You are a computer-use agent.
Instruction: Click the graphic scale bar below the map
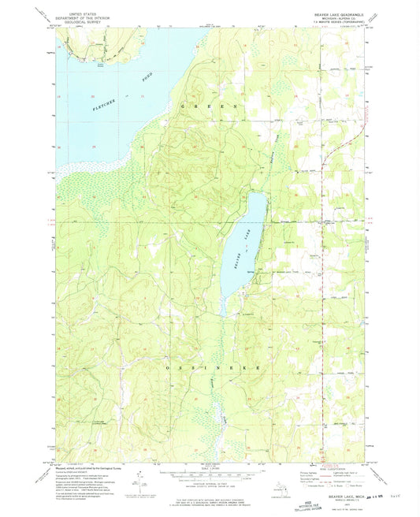pos(209,475)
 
